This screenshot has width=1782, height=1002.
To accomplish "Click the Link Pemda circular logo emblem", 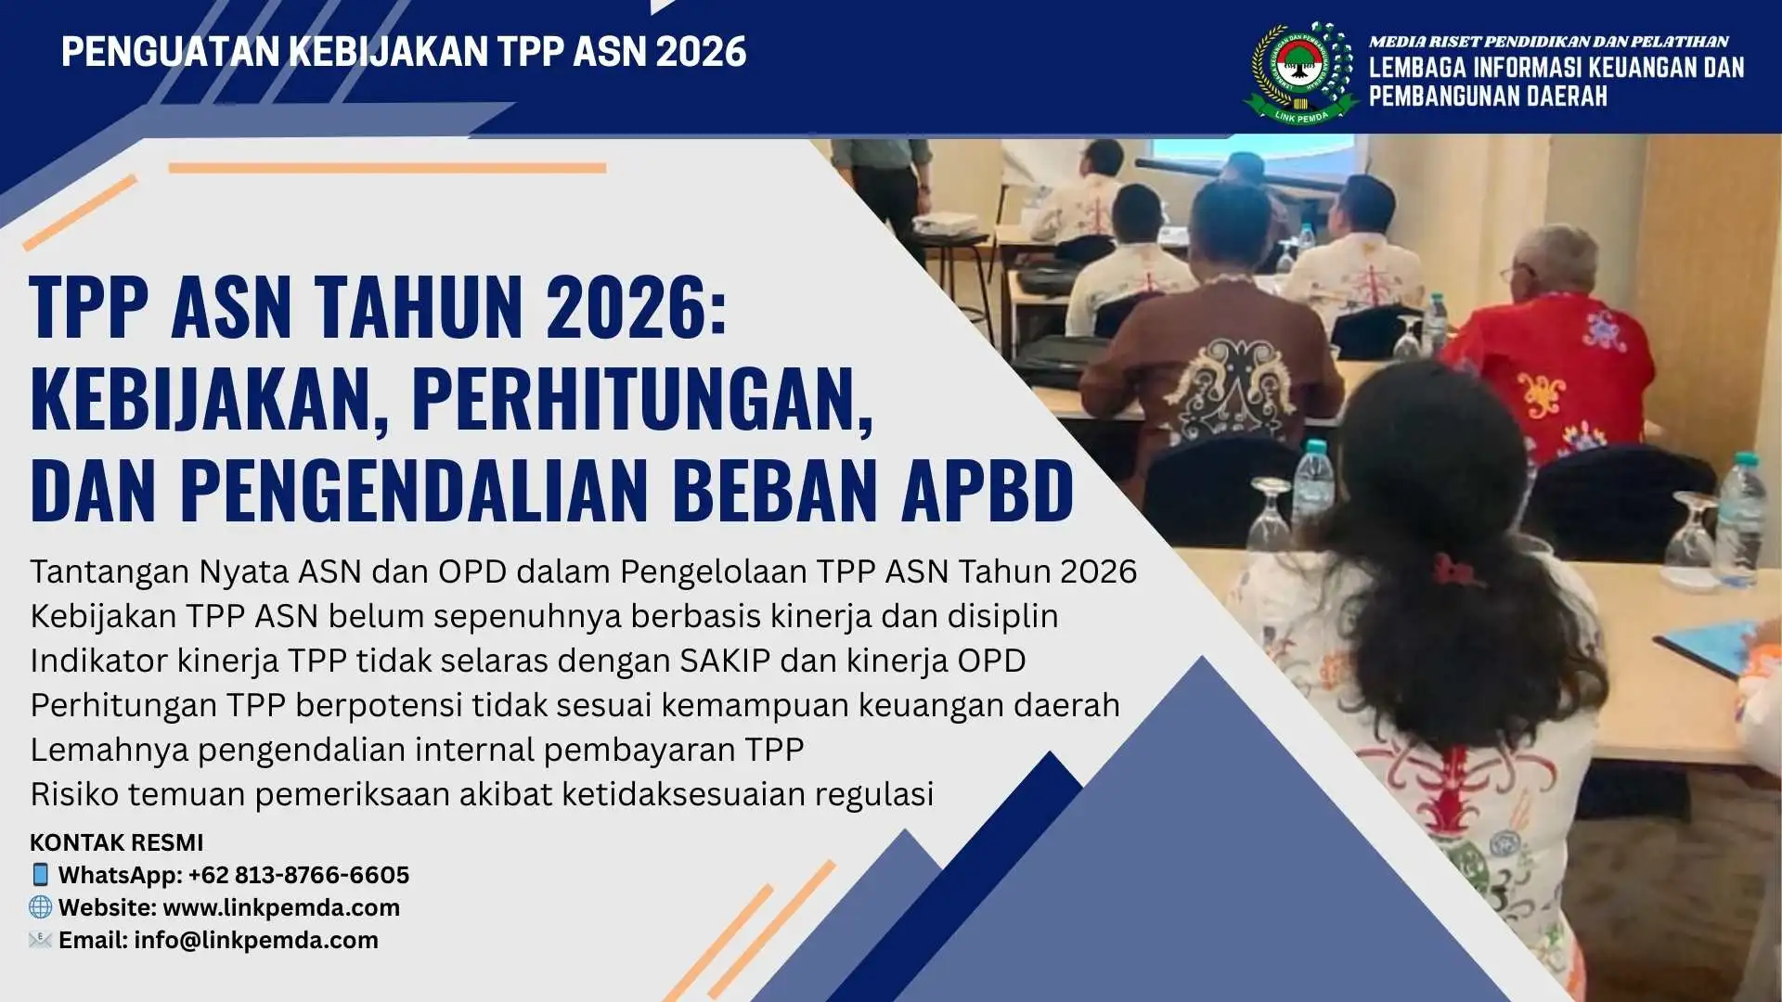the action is [x=1300, y=71].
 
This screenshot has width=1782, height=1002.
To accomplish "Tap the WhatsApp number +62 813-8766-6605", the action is [x=299, y=875].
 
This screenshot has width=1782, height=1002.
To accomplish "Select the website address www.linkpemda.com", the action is [x=281, y=907].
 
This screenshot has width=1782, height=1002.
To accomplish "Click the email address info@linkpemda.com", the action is [x=256, y=940].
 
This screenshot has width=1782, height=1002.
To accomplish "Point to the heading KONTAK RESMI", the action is [x=117, y=842].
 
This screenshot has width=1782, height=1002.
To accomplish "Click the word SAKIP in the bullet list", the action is [x=725, y=661].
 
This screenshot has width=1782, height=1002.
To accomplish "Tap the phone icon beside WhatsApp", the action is [x=40, y=874].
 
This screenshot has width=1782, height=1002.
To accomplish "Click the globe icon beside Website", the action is [x=40, y=906].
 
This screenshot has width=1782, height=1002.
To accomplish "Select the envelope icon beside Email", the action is [x=40, y=940].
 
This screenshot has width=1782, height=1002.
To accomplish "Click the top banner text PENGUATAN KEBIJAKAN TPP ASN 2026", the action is [x=404, y=52].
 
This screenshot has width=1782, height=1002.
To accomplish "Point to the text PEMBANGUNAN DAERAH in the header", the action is [x=1488, y=96].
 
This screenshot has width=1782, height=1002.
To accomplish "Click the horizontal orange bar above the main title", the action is [x=387, y=168].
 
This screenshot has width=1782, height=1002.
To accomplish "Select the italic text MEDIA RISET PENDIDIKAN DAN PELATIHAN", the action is [x=1548, y=42].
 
